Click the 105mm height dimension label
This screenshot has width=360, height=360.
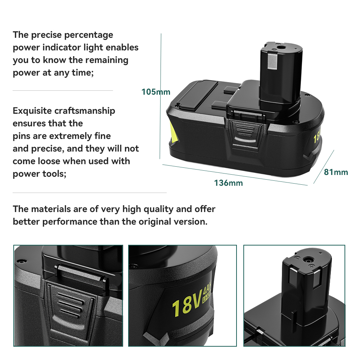coord(156,92)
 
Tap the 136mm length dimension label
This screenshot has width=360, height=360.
coord(228,183)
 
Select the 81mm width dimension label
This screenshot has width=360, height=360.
coord(336,172)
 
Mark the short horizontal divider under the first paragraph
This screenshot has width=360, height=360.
coord(63,90)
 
